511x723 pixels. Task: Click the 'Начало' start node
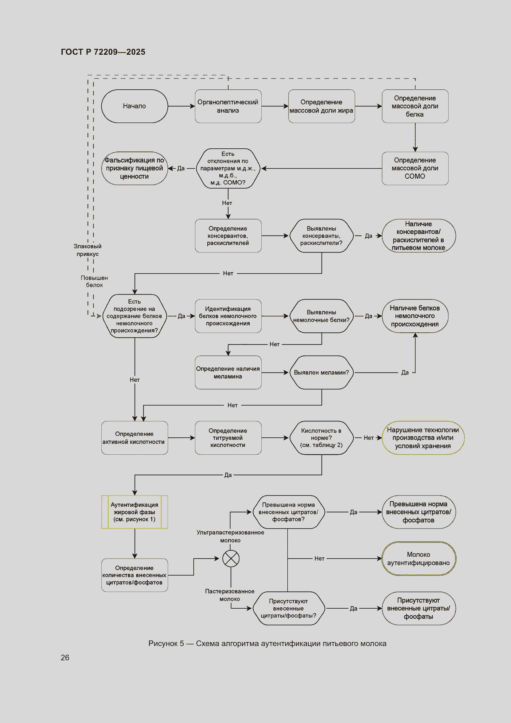point(134,106)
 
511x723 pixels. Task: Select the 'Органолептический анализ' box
point(228,106)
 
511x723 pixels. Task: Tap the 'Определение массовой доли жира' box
point(321,106)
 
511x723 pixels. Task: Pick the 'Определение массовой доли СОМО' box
point(415,168)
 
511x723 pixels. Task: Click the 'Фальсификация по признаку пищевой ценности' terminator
point(134,168)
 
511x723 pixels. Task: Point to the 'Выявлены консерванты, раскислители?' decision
point(321,236)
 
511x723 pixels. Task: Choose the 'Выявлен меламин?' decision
point(321,372)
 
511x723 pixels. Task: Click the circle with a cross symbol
point(231,558)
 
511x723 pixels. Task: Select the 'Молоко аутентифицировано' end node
point(419,558)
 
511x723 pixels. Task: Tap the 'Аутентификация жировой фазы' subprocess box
point(134,512)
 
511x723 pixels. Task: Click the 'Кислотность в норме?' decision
point(321,437)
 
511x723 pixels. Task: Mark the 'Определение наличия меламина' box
point(228,372)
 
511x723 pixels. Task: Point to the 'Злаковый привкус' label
point(87,250)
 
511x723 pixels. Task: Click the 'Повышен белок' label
point(94,281)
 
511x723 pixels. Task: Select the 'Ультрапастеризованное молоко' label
point(230,536)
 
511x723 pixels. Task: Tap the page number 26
point(65,657)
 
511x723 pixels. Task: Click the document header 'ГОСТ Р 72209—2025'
point(103,52)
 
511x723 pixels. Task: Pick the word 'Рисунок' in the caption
point(163,643)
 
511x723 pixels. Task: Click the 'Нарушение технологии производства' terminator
point(423,437)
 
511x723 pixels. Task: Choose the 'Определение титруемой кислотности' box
point(228,437)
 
